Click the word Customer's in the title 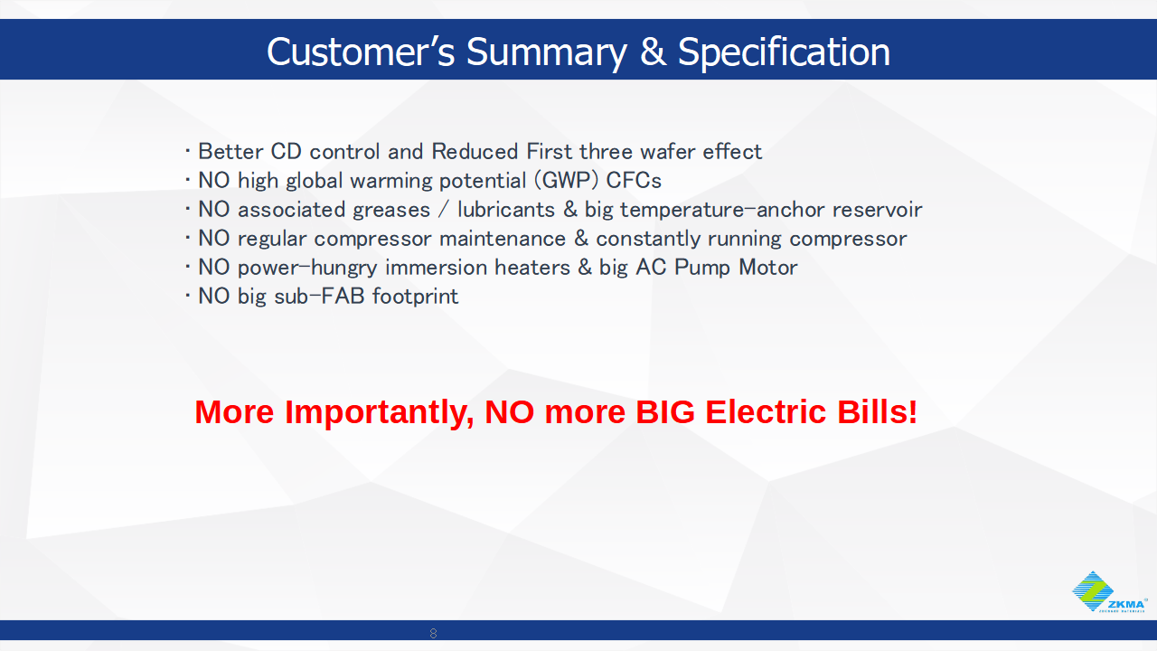[x=361, y=52]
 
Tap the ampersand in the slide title [x=653, y=52]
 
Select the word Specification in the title [x=784, y=52]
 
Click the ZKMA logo [x=1108, y=591]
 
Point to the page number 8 [x=433, y=633]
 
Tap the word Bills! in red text [x=877, y=411]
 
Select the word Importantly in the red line [x=378, y=413]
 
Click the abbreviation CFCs [x=634, y=181]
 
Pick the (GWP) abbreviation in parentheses [x=567, y=181]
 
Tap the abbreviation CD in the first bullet [x=287, y=152]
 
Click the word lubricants [x=506, y=210]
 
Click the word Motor [x=768, y=268]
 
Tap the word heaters [x=532, y=268]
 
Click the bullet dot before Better [x=188, y=152]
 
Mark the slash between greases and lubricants [x=444, y=210]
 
